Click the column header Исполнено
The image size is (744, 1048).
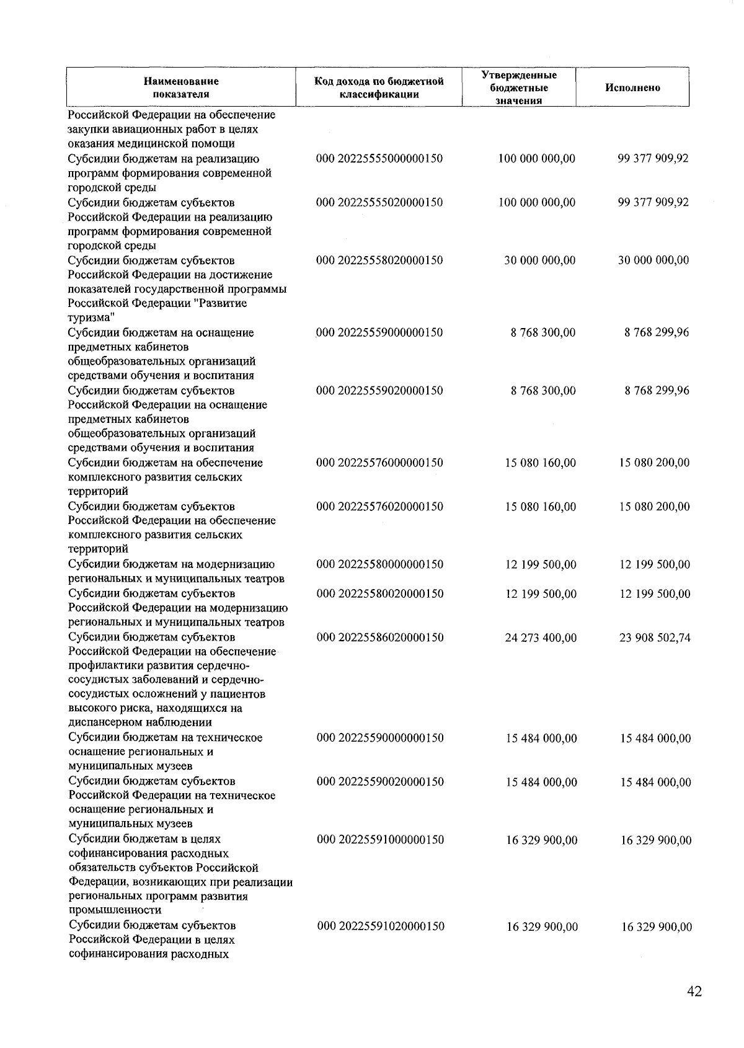click(632, 88)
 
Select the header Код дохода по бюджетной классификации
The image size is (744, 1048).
click(379, 88)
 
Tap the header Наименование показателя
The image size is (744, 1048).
click(181, 88)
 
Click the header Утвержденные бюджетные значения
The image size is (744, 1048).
click(519, 88)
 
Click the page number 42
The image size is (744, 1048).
click(694, 992)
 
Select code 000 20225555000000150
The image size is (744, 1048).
click(379, 159)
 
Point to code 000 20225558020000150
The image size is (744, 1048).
click(379, 260)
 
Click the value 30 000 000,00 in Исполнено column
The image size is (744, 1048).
click(653, 260)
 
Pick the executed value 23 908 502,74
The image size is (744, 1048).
click(655, 637)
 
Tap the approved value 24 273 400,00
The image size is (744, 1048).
click(541, 637)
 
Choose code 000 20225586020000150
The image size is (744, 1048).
click(380, 637)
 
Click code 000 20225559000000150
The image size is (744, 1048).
click(379, 333)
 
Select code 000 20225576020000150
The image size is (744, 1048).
click(380, 507)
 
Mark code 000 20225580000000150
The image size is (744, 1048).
click(380, 565)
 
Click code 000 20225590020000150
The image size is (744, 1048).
click(380, 782)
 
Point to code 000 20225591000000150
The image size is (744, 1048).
click(380, 840)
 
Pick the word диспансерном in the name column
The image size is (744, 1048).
click(105, 722)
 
